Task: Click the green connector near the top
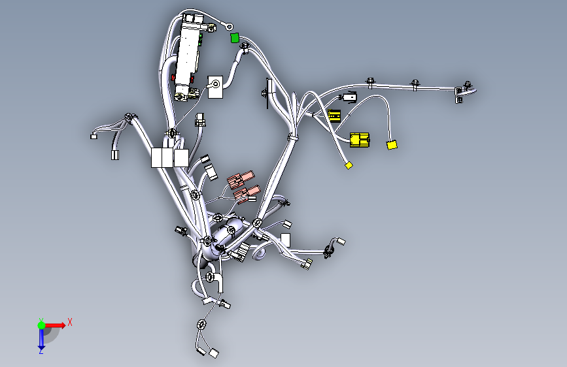235,38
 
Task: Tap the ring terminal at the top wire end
229,26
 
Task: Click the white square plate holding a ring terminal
215,87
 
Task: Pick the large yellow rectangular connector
360,140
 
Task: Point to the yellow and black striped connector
334,116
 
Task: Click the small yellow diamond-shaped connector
349,165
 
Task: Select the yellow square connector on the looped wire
392,145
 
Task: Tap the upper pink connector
241,180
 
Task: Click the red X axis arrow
55,325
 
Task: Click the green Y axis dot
42,325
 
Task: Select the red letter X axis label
70,322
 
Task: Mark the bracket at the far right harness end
458,95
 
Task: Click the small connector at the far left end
94,136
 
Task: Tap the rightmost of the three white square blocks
181,158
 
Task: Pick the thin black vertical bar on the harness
267,93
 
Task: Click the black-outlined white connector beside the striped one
349,97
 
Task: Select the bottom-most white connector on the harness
214,353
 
